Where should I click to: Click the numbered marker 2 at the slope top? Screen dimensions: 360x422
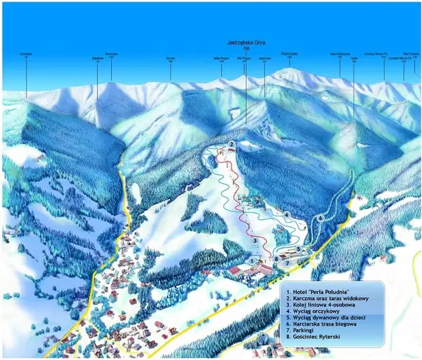(x=232, y=144)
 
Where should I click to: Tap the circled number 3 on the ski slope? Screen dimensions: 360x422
(x=255, y=241)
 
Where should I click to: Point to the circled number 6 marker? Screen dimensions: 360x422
(x=321, y=218)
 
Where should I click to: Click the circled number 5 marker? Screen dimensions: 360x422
(x=299, y=249)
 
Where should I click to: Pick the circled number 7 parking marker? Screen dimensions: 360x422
(x=288, y=263)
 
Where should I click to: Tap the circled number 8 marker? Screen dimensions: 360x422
(x=276, y=259)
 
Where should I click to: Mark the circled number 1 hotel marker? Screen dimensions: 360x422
(x=252, y=261)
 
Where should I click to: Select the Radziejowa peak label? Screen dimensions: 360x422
(x=289, y=53)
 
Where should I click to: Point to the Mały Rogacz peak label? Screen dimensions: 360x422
(x=221, y=59)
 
